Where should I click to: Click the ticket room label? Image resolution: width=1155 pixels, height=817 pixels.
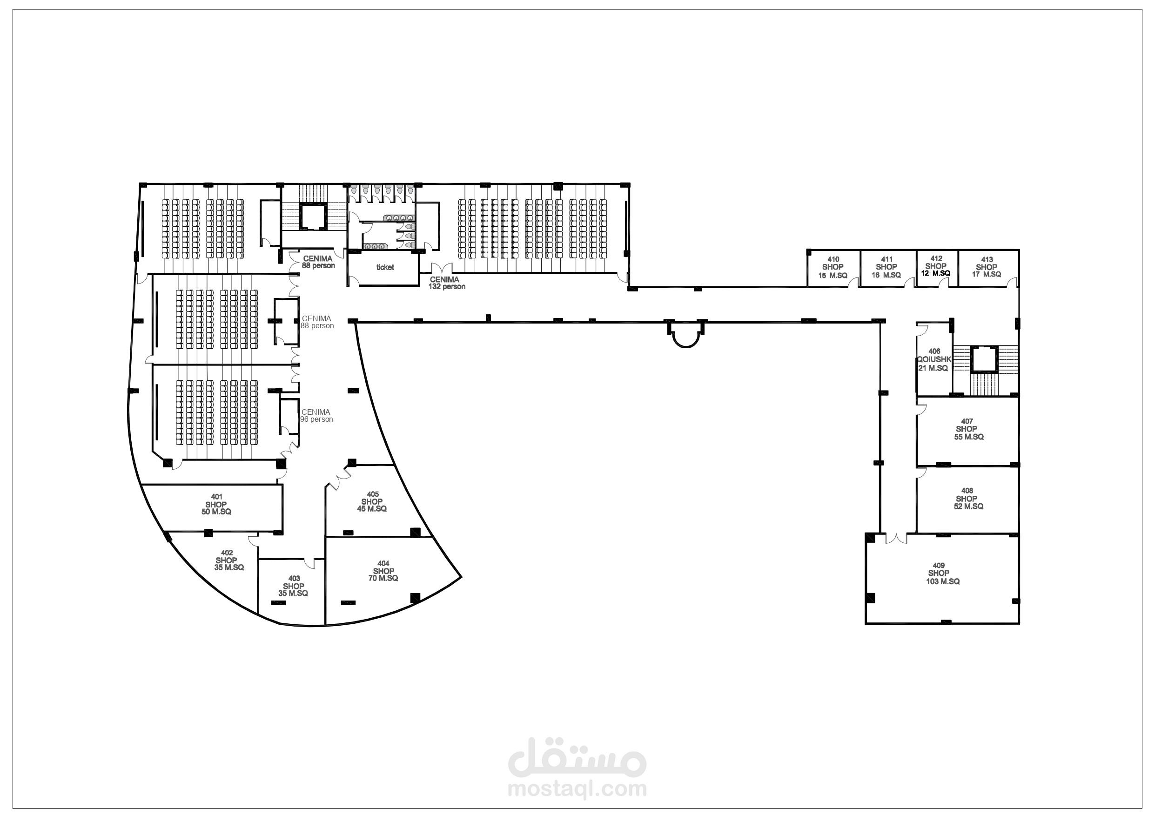385,267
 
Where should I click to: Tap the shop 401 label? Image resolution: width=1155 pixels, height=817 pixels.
216,504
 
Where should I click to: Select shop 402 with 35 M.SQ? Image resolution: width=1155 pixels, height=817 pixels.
228,560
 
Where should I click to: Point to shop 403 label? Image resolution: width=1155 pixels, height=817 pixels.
293,586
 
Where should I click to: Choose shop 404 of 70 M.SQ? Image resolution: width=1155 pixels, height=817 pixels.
383,571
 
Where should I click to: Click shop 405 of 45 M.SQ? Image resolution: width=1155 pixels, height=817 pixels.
372,502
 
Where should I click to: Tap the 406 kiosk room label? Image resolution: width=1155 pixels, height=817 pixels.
933,360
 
